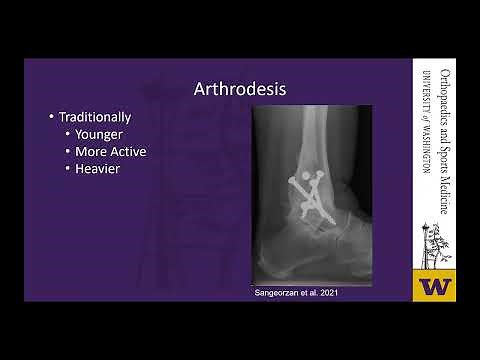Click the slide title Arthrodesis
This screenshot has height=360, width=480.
click(240, 90)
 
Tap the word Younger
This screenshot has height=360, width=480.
click(103, 134)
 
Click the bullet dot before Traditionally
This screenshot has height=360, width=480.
click(51, 117)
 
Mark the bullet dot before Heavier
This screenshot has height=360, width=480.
click(67, 168)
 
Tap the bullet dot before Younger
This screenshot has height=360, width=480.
click(67, 134)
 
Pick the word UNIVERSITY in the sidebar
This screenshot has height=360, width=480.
click(427, 90)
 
